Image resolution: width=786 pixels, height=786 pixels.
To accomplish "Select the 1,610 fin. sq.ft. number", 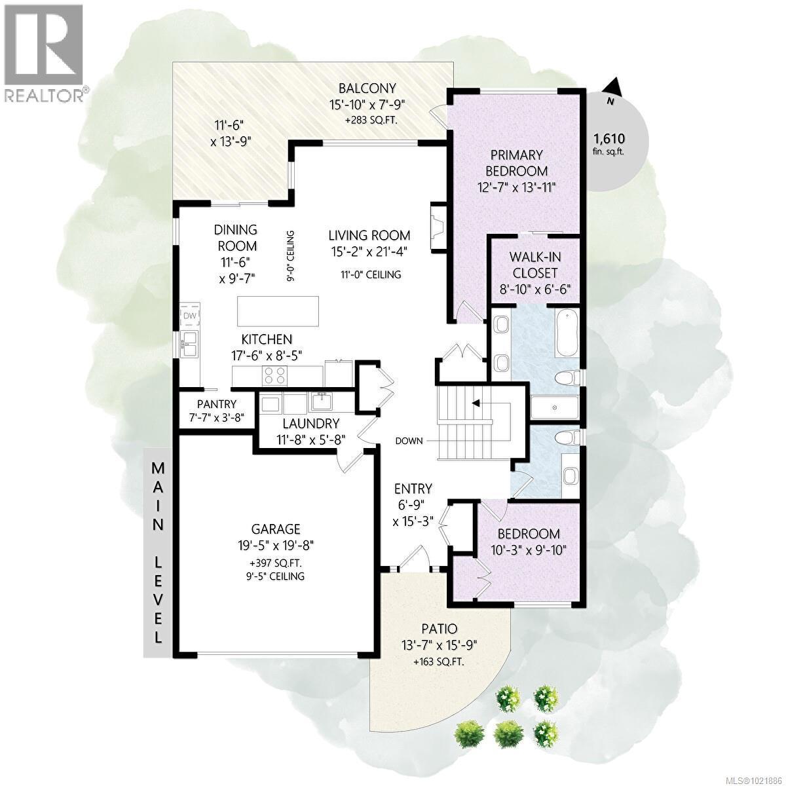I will click(x=609, y=138).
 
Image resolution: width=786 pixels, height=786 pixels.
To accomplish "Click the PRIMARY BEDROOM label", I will click(x=517, y=162).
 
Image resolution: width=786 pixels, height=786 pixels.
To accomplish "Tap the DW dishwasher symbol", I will click(x=190, y=316).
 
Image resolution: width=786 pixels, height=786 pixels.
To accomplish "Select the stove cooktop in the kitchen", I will click(x=274, y=375).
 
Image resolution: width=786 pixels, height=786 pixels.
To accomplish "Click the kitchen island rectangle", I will click(x=278, y=310).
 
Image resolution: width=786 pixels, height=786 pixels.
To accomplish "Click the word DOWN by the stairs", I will click(x=409, y=440).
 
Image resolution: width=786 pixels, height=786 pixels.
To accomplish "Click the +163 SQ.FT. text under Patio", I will click(x=439, y=662).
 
